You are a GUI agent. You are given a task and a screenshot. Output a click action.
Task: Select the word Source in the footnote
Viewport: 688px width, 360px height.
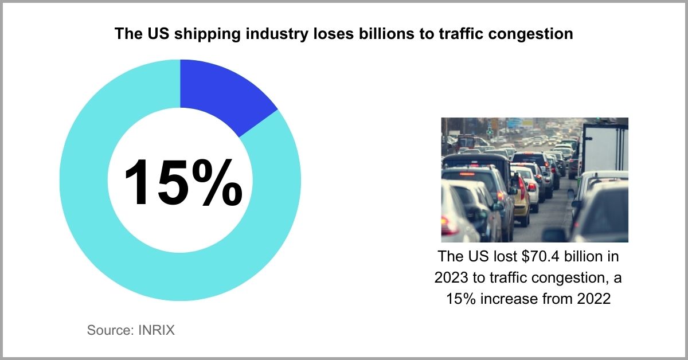(108, 330)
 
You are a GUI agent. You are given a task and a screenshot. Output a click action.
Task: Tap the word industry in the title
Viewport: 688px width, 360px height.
(264, 34)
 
